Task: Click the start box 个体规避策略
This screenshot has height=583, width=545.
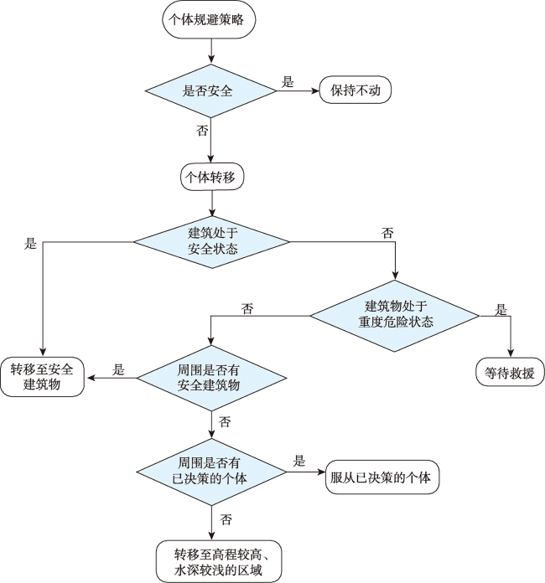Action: pos(209,19)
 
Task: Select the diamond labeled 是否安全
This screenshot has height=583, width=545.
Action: pos(210,90)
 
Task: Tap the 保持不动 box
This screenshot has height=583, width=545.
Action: pos(356,90)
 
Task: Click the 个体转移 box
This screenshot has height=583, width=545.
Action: pos(212,177)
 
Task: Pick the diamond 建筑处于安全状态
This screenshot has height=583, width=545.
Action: pos(212,242)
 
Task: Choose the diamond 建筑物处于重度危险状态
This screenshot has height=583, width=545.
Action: pos(395,316)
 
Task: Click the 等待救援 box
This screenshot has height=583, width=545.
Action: pos(510,372)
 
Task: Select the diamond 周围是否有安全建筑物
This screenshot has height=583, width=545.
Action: pos(211,378)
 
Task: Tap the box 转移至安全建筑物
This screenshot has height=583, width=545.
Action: pos(42,377)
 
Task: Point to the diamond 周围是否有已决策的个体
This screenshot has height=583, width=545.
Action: pos(211,472)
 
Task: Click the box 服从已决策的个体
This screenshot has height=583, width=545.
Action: pos(382,477)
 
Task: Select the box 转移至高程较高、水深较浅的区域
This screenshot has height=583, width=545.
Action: pos(219,561)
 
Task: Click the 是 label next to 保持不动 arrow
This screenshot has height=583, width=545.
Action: pos(288,82)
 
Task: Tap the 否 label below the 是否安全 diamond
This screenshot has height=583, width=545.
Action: pos(202,131)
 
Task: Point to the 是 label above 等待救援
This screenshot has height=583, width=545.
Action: pos(501,309)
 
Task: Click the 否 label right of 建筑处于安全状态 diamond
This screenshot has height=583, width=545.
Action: pos(387,233)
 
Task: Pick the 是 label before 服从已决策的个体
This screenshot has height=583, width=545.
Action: pos(299,461)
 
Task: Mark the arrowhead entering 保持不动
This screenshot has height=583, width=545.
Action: pos(316,90)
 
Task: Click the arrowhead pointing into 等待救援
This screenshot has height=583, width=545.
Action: pos(511,353)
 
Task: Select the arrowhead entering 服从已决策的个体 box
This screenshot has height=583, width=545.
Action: pos(321,472)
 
